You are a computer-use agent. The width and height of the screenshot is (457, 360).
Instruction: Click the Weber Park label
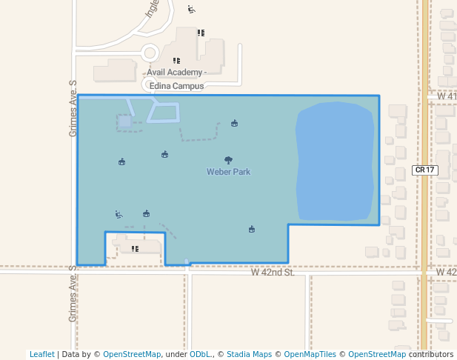tap(228, 172)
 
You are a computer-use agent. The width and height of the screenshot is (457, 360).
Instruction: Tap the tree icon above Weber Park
tap(228, 160)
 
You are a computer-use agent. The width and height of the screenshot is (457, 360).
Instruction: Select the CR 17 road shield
tap(425, 170)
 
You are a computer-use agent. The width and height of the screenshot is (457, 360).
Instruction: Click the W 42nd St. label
tap(273, 273)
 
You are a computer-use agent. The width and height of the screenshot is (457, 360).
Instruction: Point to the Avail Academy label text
tap(175, 72)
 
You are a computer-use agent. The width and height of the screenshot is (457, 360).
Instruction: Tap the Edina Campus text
tap(176, 86)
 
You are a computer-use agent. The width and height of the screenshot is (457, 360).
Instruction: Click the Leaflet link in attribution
tap(42, 354)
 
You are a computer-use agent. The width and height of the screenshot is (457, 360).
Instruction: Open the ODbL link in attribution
tap(199, 354)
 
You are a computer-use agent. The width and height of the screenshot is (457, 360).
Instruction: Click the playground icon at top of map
tap(191, 10)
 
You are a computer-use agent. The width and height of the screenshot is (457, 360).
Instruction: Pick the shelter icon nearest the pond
tap(235, 123)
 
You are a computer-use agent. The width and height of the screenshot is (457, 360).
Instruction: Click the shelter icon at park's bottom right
tap(252, 229)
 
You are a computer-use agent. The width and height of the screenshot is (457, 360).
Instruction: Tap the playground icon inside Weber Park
tap(119, 214)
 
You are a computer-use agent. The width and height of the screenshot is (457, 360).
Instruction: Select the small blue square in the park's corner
tap(125, 121)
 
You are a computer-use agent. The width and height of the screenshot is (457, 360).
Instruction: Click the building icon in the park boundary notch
tap(136, 249)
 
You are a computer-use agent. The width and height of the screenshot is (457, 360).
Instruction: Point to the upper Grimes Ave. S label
tap(73, 108)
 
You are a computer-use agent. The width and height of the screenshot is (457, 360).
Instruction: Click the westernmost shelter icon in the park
tap(122, 161)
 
